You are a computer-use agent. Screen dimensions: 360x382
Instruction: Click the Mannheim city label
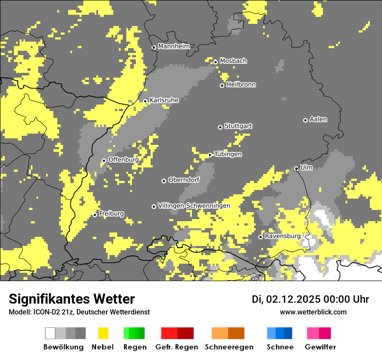click(174, 46)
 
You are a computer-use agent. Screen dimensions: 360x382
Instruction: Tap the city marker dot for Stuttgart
click(221, 127)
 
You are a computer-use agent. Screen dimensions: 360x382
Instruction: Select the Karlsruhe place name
click(164, 100)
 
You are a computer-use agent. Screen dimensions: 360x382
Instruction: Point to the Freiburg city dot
click(95, 215)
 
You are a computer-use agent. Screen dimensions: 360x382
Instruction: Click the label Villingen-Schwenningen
click(194, 206)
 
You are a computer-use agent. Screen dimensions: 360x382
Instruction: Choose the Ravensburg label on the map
click(283, 236)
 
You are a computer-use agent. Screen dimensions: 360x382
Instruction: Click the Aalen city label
click(318, 119)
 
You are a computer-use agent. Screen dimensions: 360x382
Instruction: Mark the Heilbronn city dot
click(222, 85)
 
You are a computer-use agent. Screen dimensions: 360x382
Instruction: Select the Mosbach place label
click(233, 61)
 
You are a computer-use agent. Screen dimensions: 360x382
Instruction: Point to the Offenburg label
click(123, 160)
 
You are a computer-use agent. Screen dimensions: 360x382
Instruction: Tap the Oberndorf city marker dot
click(164, 181)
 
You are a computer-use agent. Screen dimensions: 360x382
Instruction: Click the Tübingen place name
click(228, 154)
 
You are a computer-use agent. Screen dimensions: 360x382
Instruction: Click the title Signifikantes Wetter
click(72, 299)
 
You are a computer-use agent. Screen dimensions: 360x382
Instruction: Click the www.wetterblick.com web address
click(313, 312)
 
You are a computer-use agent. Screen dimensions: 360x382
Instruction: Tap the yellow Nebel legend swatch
click(103, 333)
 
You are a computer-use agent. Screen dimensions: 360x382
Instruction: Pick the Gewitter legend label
click(320, 347)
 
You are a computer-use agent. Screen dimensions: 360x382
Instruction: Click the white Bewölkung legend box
click(50, 333)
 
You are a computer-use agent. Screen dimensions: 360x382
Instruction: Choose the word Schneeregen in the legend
click(228, 347)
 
